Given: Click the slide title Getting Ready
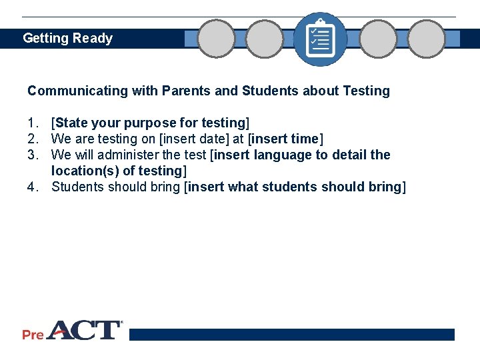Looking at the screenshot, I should click(x=67, y=38).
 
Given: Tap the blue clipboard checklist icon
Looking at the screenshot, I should click(x=320, y=39).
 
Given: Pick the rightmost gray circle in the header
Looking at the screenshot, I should click(x=426, y=39).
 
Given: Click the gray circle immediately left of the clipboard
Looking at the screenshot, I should click(x=265, y=39).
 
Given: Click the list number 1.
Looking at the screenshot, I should click(x=33, y=123).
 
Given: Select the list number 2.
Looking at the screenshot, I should click(x=33, y=139).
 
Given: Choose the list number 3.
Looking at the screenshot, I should click(x=33, y=155).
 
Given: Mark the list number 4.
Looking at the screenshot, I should click(x=33, y=187).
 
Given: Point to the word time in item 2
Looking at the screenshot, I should click(x=305, y=139).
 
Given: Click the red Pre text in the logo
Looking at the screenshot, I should click(x=33, y=334).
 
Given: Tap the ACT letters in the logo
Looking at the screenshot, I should click(x=83, y=331).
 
